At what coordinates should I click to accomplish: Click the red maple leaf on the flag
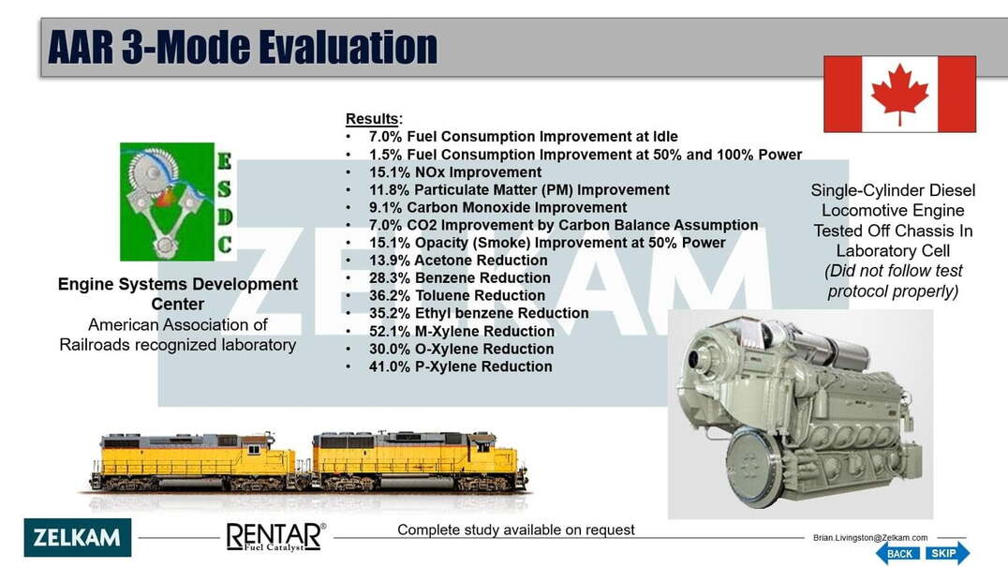point(899,93)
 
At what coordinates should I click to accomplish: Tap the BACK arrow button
point(897,553)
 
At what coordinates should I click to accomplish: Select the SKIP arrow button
point(947,553)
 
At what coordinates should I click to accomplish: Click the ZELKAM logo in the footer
point(77,537)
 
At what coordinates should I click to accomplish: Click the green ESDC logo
point(176,201)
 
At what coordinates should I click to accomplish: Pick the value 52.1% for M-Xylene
point(389,331)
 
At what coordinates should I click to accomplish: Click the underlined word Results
point(372,119)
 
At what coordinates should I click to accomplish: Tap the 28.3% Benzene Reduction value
point(389,277)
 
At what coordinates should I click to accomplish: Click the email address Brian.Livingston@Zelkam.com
point(869,537)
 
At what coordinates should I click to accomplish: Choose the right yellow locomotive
point(419,460)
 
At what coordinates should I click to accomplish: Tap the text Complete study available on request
point(515,530)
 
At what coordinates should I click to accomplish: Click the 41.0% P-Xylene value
point(389,366)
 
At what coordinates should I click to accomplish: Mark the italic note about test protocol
point(893,281)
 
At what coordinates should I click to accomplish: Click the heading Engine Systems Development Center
point(177,293)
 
